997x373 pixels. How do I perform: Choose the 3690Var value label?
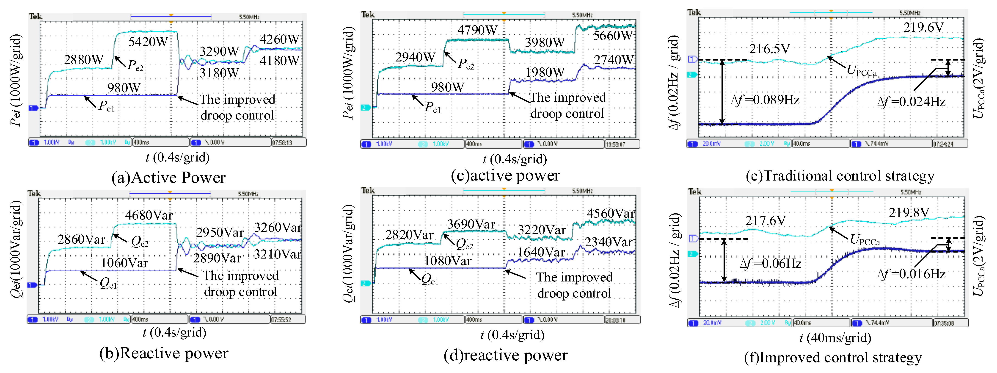(471, 224)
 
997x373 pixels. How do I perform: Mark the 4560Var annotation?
(610, 213)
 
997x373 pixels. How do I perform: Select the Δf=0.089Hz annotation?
(765, 100)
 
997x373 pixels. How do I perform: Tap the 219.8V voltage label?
(908, 213)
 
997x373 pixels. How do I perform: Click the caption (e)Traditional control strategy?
(840, 176)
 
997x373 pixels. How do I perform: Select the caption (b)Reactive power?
(164, 353)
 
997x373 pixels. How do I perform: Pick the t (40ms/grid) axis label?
(835, 338)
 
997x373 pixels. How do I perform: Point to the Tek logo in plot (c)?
(368, 15)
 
